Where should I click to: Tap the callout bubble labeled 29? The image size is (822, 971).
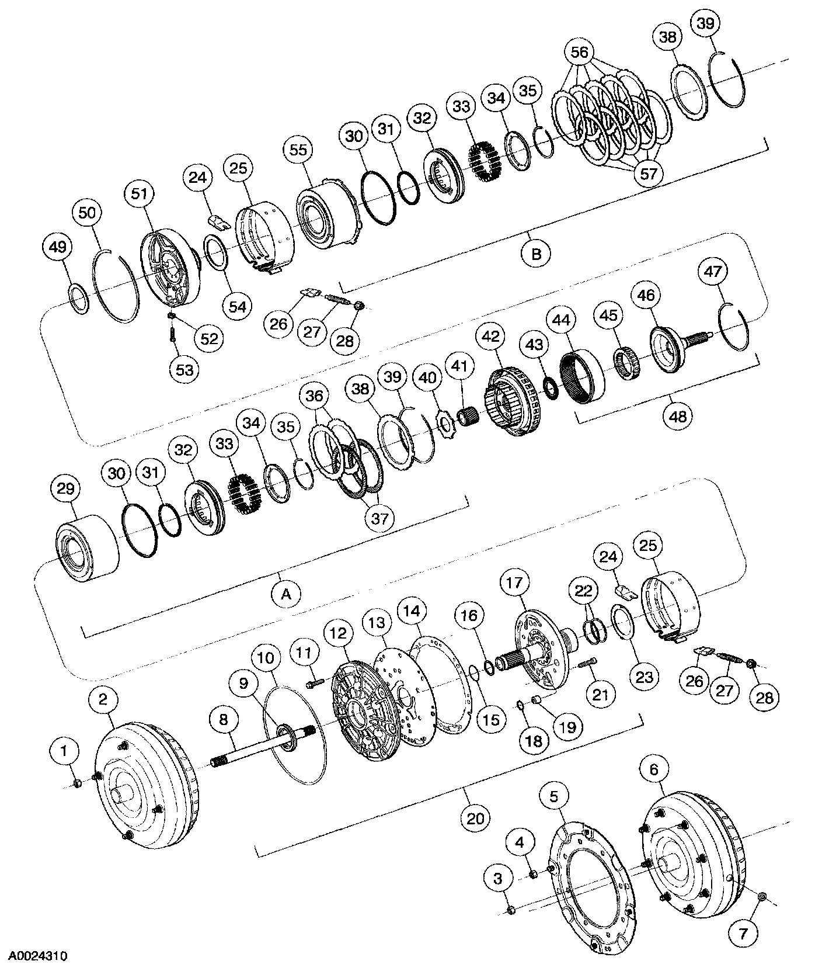point(65,488)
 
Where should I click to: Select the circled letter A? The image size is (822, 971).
point(285,594)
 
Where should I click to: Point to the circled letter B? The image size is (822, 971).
point(537,254)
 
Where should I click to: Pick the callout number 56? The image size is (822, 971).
point(579,52)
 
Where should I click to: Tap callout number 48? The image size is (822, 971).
point(678,415)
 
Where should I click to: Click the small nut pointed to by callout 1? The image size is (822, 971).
point(78,783)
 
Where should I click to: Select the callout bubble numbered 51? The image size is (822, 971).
point(140,194)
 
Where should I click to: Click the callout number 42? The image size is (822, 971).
point(492,337)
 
